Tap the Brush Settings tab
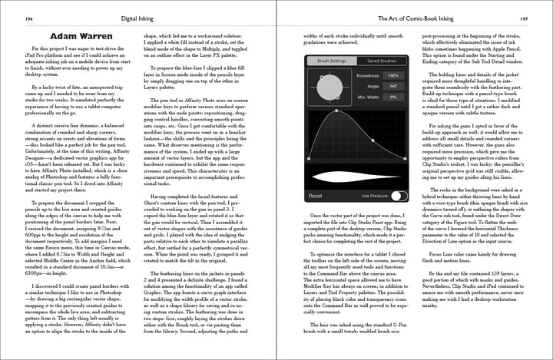(x=332, y=61)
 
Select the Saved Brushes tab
(x=381, y=61)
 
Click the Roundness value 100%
(x=393, y=76)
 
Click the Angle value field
(x=393, y=87)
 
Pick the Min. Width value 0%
(x=393, y=97)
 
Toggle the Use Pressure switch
(x=398, y=196)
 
